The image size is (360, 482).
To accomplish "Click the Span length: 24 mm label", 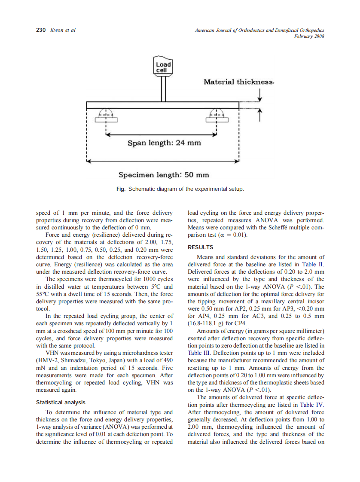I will tap(164, 142).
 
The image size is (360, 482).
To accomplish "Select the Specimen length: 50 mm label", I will tap(164, 174).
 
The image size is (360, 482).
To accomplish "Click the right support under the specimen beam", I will tap(216, 116).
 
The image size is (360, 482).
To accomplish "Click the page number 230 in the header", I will tap(40, 30).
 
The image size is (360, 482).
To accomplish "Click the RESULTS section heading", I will tap(201, 247).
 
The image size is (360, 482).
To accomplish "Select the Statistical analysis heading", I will tap(61, 403).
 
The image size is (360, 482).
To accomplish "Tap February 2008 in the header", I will tap(309, 37).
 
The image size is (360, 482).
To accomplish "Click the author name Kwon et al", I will tap(63, 30).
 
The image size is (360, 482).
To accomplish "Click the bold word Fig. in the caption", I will tap(121, 189).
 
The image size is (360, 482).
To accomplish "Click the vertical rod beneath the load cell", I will tap(163, 88).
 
